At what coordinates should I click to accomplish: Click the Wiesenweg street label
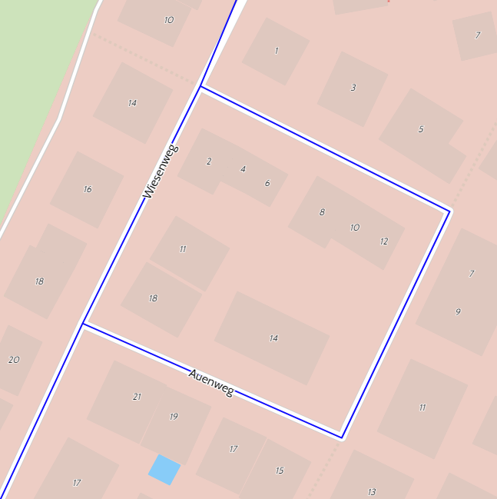click(x=160, y=172)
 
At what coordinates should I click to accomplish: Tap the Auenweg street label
click(x=210, y=382)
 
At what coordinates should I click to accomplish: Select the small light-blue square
click(x=164, y=470)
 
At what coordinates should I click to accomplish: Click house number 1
click(x=277, y=52)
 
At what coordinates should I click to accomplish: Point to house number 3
click(x=353, y=88)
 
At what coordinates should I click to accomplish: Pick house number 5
click(x=421, y=129)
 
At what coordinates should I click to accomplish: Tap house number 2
click(x=209, y=161)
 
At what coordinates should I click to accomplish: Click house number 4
click(x=243, y=169)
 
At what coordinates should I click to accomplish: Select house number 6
click(x=267, y=183)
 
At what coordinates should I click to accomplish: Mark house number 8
click(x=322, y=212)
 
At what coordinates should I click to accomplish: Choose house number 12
click(x=384, y=241)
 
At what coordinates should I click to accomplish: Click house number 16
click(x=88, y=189)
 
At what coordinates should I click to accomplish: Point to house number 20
click(x=14, y=360)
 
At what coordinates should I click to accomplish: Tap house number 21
click(x=137, y=397)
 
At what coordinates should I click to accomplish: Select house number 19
click(x=174, y=417)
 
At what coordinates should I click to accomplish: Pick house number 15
click(x=280, y=471)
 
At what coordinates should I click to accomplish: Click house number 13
click(x=372, y=492)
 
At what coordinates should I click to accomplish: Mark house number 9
click(x=458, y=312)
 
